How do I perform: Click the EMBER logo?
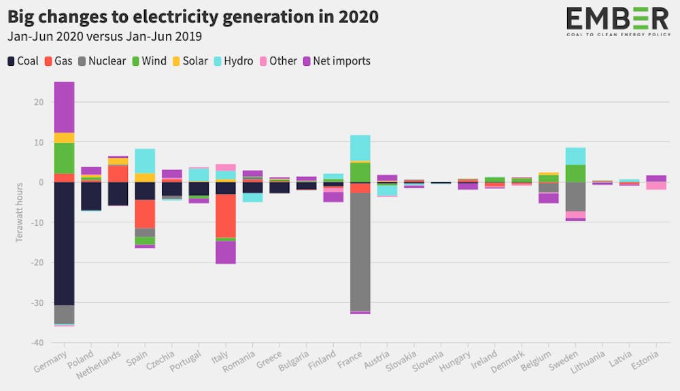point(618,21)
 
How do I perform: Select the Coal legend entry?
point(23,61)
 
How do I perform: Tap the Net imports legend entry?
point(337,61)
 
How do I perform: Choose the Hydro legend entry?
point(233,61)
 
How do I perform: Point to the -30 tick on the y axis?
point(37,303)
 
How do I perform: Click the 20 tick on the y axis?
point(39,102)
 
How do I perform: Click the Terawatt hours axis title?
point(19,212)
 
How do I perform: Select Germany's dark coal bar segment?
point(64,243)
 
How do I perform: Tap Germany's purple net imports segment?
point(64,107)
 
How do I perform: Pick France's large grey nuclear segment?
point(360,252)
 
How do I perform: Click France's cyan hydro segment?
point(360,148)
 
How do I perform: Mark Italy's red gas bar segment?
point(226,216)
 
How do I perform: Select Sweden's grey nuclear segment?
point(575,197)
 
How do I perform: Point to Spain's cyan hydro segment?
point(145,161)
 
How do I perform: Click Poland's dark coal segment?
point(91,196)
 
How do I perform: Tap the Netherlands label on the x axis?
point(99,364)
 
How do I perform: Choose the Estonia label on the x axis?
point(645,360)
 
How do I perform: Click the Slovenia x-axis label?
point(428,362)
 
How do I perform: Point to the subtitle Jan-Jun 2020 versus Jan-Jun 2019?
point(105,37)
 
